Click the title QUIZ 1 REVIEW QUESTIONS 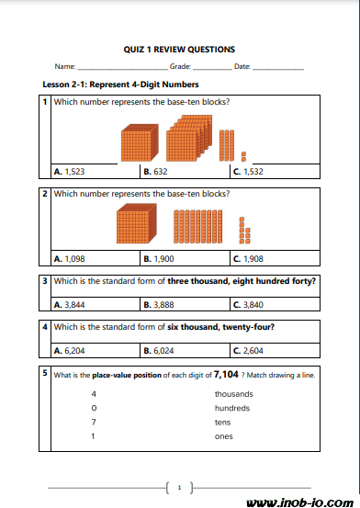click(179, 50)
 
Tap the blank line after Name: click(123, 69)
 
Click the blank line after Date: click(278, 69)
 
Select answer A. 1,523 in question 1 click(70, 172)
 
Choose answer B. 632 click(155, 172)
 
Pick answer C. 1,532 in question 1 click(248, 172)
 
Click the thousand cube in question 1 click(140, 142)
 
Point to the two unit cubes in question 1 click(243, 156)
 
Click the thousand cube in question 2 click(137, 223)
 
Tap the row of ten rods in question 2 click(198, 227)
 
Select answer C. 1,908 click(248, 259)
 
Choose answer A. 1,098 click(70, 259)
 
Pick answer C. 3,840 click(248, 305)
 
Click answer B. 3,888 click(159, 305)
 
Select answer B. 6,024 click(159, 351)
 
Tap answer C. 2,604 click(248, 351)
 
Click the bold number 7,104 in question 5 click(226, 375)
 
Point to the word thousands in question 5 click(233, 394)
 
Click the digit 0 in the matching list click(94, 408)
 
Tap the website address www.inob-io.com click(299, 502)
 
